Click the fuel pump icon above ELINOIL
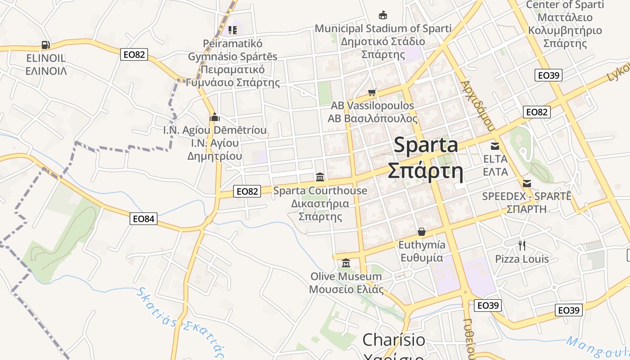point(45,45)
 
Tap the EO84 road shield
point(144,219)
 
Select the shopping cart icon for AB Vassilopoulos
point(372,93)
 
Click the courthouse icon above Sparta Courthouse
point(320,177)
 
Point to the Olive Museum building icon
point(346,263)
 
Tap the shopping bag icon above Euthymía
point(422,232)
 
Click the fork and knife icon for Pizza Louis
point(522,245)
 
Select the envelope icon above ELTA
point(495,146)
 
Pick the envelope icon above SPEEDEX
point(527,184)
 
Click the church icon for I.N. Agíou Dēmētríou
point(215,117)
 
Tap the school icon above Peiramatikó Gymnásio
point(233,30)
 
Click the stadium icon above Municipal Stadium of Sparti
point(383,15)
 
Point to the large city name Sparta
point(426,145)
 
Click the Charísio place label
point(394,340)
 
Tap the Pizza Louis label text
point(522,259)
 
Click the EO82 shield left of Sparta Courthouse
point(247,191)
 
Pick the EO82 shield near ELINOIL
point(134,54)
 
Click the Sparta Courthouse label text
point(320,191)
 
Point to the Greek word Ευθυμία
point(422,258)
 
